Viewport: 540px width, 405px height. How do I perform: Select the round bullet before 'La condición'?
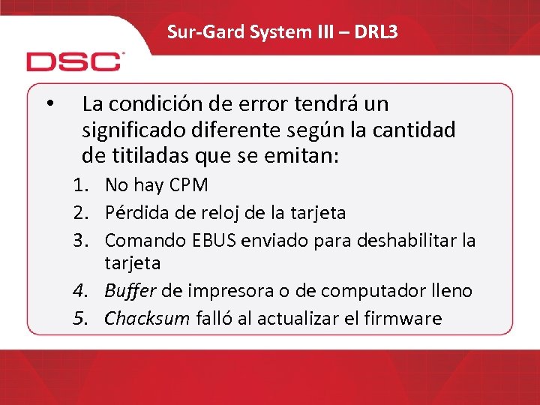pos(49,103)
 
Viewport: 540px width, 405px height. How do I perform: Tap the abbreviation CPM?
pos(190,184)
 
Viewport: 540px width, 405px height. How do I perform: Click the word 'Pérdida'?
pos(137,213)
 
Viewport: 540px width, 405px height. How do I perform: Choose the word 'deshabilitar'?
pos(408,240)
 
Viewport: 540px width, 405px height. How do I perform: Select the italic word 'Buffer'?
pos(132,291)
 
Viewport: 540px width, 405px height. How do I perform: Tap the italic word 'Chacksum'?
pos(147,318)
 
